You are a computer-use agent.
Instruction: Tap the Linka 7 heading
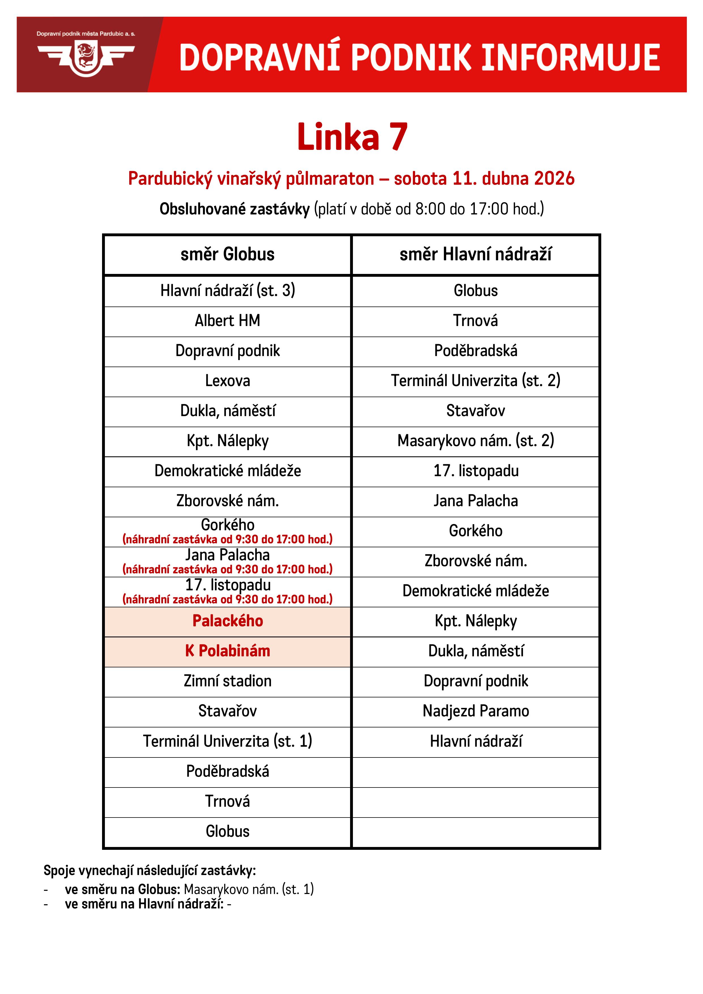(352, 137)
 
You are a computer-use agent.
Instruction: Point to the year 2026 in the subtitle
(554, 179)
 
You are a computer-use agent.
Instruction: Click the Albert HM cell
(227, 321)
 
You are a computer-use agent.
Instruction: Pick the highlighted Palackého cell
(227, 621)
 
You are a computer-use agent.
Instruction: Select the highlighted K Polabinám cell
(227, 651)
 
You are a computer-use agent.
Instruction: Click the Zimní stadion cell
(227, 681)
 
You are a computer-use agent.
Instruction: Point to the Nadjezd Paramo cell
(476, 711)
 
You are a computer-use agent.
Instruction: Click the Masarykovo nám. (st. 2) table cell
(476, 441)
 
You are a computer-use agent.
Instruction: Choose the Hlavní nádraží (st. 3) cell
(227, 290)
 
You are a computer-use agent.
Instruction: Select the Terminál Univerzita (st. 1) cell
(227, 741)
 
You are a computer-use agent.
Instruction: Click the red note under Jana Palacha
(227, 569)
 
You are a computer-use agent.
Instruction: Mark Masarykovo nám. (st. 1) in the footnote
(249, 889)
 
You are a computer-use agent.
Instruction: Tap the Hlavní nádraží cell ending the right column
(476, 741)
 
